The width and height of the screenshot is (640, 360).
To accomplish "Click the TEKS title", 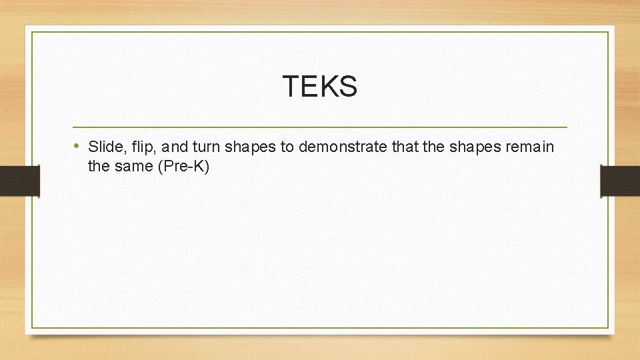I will (320, 86).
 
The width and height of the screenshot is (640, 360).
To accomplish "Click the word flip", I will (137, 147).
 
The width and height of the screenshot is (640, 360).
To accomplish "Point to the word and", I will (167, 147).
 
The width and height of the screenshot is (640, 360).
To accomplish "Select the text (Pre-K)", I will (183, 167).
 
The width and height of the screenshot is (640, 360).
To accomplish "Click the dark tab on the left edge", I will (19, 181).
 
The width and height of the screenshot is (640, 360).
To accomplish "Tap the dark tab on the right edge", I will (620, 181).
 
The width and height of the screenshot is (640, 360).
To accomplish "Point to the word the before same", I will (98, 166).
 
